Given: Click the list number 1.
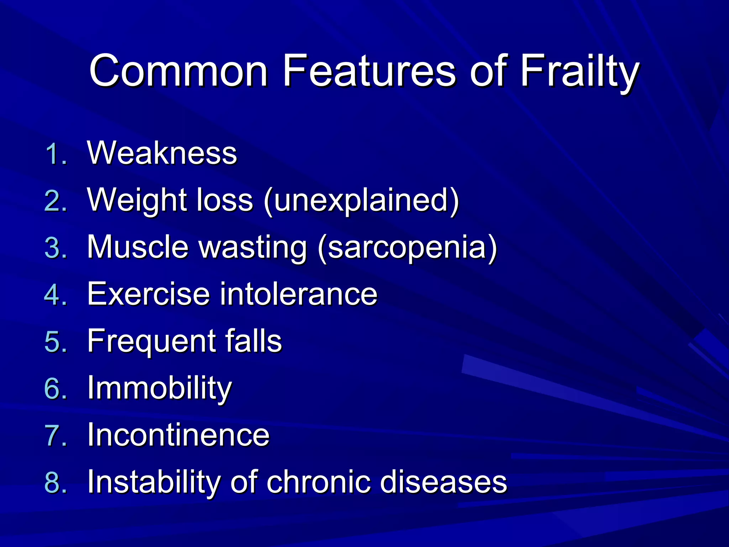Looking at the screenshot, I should tap(56, 155).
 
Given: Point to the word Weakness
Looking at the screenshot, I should tap(162, 153).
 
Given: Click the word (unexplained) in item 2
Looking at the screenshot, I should tap(361, 201).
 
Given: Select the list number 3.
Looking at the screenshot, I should tap(56, 248).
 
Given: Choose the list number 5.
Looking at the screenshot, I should tap(56, 342).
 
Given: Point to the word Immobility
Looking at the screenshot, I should tap(159, 388).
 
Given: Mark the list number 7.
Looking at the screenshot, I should tap(56, 436).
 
